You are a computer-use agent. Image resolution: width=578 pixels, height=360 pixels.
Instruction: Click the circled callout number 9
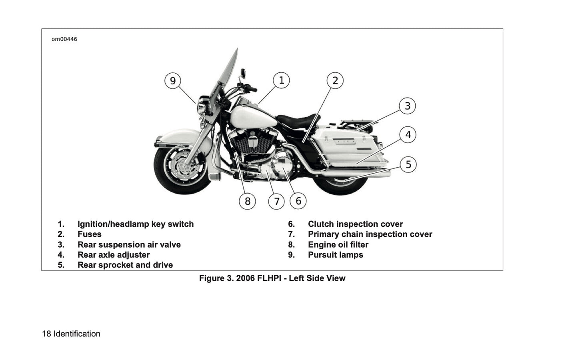coord(172,81)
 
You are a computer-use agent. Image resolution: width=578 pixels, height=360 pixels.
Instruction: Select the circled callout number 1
coord(281,80)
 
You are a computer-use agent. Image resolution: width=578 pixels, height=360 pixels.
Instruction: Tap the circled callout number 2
coord(335,80)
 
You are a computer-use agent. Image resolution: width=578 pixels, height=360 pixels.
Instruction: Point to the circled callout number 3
coord(407,106)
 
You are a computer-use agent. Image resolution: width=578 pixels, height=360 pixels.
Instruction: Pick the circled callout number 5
coord(408,164)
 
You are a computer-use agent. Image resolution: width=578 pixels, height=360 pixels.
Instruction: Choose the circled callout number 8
coord(247,201)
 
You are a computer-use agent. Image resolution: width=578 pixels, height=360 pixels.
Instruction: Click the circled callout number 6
coord(298,201)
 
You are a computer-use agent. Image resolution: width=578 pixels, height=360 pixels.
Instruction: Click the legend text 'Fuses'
coord(89,234)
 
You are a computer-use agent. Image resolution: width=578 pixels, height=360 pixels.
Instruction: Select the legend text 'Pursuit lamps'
coord(335,255)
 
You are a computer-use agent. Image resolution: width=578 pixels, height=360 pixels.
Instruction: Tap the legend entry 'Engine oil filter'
coord(338,245)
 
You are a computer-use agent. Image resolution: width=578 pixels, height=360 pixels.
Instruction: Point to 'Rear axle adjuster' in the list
coord(114,255)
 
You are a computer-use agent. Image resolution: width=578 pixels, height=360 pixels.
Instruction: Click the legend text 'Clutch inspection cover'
coord(355,224)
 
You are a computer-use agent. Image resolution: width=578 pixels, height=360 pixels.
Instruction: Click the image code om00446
coord(64,39)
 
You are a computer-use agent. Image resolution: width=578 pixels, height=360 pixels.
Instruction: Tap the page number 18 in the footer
coord(46,334)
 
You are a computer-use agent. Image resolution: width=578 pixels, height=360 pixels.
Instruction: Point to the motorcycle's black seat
coord(296,120)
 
